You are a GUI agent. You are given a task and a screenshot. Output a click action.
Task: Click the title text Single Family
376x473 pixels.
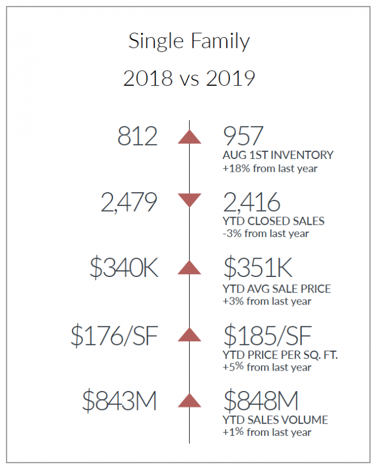coord(189,42)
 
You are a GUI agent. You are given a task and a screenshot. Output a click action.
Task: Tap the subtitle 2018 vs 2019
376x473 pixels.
coord(189,78)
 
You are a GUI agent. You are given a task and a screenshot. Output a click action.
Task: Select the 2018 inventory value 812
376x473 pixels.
coord(137,136)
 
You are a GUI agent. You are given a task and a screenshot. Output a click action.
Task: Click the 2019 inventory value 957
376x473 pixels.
coord(243,136)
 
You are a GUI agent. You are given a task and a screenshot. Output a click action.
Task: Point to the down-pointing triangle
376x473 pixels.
coord(189,200)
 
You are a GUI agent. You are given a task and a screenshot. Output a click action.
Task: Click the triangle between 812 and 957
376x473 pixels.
coord(189,137)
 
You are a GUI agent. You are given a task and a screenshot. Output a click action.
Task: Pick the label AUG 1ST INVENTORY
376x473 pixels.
coord(278,155)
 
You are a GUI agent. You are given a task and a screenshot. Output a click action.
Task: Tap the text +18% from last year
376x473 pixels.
coord(270,168)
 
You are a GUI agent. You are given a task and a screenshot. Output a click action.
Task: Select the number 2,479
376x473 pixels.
coord(129,202)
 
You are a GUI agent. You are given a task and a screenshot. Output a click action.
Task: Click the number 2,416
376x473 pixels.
coord(252,202)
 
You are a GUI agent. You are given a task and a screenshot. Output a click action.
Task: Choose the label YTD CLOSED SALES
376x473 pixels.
coord(274,221)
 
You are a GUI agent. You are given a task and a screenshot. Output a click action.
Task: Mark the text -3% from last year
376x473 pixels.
coord(266,234)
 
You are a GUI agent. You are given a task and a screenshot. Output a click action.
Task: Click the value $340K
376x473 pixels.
coord(124,268)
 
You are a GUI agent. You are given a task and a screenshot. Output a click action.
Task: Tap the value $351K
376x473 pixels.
coord(258,268)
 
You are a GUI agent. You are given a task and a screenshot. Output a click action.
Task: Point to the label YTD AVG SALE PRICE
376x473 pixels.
coord(276,289)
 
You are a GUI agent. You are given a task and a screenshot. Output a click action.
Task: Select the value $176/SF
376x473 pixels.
coord(114,336)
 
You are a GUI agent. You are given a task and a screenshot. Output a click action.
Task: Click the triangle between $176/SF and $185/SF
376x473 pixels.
coord(189,335)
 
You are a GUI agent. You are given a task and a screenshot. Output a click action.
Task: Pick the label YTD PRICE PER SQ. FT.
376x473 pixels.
coord(280,355)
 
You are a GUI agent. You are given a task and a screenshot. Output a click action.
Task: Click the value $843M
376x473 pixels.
coord(119,401)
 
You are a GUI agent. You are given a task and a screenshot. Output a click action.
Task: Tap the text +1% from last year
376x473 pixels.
coord(267,432)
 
